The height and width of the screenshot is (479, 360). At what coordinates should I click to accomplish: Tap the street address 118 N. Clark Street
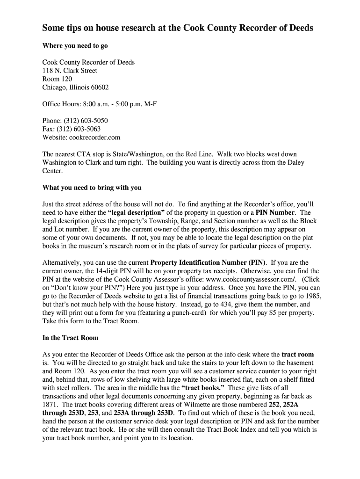tap(70, 71)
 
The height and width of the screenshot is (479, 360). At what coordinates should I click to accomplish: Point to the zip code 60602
tap(98, 87)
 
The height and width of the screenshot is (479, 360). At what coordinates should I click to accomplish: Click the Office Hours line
tap(100, 104)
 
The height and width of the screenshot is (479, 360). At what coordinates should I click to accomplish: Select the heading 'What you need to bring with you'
tap(92, 188)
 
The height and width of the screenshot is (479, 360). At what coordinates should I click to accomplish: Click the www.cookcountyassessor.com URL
tap(245, 279)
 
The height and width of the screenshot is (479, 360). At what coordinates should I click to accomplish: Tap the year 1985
tap(312, 296)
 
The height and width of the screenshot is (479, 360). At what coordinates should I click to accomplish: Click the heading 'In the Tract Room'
tap(71, 337)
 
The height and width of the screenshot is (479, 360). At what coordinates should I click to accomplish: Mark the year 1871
tap(50, 405)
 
